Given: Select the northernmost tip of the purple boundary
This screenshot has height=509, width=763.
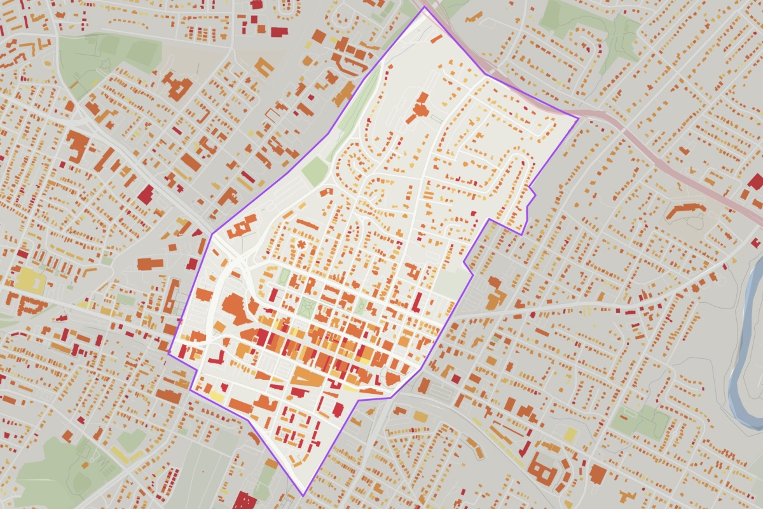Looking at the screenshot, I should click(422, 8).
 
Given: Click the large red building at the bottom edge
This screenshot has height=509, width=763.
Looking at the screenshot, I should click(244, 500).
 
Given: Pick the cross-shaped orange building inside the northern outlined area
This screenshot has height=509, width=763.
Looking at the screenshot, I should click(420, 109).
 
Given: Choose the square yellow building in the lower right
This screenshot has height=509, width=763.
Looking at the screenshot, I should click(570, 435).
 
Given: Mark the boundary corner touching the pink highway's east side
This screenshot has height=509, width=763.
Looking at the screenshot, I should click(578, 118).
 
